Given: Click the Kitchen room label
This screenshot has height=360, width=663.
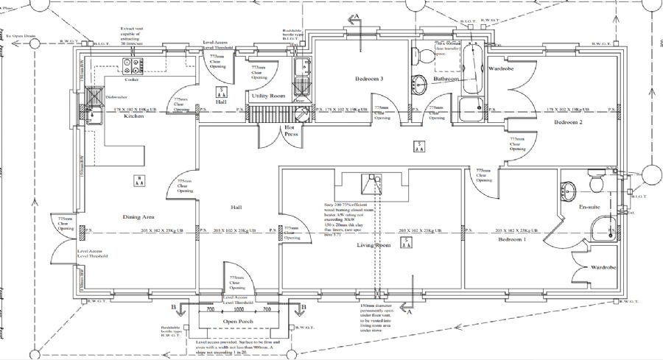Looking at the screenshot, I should point(133,116).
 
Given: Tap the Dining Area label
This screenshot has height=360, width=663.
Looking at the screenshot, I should point(138,217).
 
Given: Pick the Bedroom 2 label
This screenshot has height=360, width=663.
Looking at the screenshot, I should point(568,122).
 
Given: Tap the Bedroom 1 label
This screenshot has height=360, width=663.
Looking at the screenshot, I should point(513,240).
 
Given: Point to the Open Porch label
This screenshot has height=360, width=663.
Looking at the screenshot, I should point(239,322).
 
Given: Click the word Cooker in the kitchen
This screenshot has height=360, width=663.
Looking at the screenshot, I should point(132,80).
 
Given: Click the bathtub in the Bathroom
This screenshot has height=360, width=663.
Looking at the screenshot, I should point(470,71).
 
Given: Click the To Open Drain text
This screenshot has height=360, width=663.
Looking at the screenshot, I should point(21,35).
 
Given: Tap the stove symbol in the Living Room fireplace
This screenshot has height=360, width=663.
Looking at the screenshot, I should point(368,184).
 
